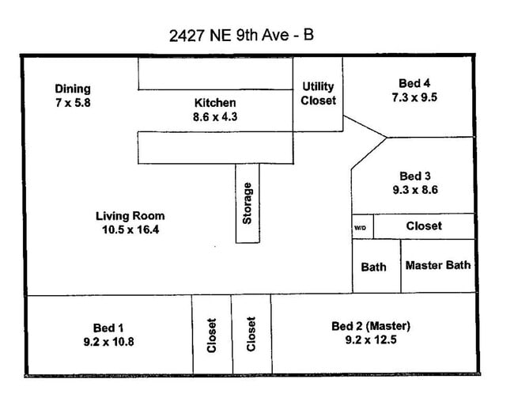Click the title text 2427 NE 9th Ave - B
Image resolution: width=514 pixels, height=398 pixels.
[246, 35]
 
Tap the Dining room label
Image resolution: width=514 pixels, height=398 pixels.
[73, 89]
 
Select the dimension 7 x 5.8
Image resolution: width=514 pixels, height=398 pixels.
[73, 102]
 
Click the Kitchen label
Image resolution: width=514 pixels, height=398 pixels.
[215, 103]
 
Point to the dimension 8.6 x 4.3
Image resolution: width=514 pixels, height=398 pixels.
[215, 116]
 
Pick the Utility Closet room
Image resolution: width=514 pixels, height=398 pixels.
[319, 93]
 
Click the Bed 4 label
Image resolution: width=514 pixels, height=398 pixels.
[414, 83]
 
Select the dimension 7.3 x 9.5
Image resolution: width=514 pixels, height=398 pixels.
[414, 97]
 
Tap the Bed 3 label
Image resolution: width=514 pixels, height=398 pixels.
[415, 176]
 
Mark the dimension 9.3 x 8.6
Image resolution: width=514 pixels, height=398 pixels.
[415, 190]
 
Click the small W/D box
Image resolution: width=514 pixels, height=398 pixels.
[362, 226]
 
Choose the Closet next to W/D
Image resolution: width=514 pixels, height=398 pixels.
[424, 226]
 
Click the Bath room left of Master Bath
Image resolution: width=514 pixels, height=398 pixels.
[374, 267]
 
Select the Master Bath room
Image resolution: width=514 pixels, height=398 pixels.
[438, 266]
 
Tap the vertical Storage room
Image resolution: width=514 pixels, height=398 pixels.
[248, 203]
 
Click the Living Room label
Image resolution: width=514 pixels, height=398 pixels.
[130, 216]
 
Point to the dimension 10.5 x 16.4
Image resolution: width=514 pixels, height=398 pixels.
[130, 230]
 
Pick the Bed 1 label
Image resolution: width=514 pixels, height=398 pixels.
[108, 327]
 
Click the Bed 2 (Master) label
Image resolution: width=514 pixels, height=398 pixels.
[371, 326]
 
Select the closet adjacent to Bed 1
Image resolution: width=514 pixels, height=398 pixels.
[211, 334]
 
